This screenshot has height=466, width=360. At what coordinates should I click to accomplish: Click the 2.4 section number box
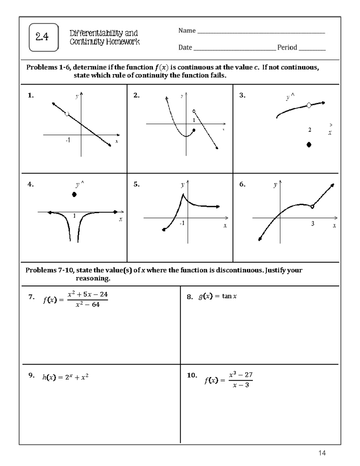[43, 37]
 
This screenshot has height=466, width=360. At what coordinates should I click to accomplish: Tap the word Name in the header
[187, 31]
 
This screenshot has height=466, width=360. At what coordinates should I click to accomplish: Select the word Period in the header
[287, 47]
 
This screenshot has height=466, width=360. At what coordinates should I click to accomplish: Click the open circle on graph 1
[67, 114]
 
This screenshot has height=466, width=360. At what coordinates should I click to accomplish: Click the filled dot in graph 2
[194, 130]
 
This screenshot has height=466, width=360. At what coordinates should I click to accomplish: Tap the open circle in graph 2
[194, 111]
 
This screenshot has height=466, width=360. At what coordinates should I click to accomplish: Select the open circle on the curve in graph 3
[309, 105]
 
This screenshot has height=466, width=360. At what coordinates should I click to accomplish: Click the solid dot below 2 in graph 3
[309, 145]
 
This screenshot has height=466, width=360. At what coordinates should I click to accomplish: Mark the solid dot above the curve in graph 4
[74, 194]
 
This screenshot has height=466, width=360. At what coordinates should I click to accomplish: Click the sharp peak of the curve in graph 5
[183, 194]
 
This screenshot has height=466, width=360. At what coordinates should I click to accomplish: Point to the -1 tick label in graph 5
[182, 223]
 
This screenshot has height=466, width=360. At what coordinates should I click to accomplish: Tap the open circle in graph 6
[312, 206]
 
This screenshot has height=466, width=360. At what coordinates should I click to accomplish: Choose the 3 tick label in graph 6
[313, 224]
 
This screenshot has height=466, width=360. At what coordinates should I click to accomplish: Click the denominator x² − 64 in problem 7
[88, 305]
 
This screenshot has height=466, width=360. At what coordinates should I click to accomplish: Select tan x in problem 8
[229, 296]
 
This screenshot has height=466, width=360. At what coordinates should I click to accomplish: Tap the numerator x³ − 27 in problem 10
[241, 375]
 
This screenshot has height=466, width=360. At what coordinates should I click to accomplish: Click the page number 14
[322, 453]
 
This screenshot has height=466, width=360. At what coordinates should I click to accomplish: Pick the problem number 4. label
[31, 184]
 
